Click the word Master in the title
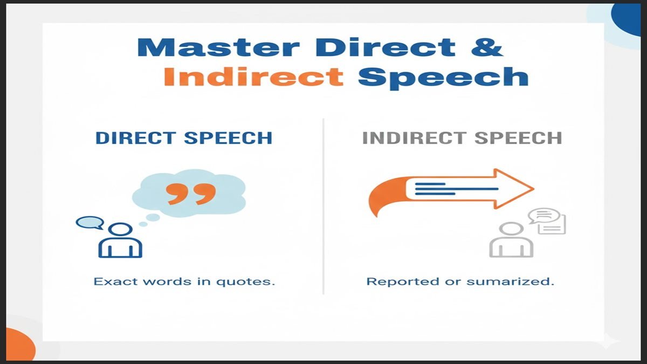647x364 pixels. tap(218, 47)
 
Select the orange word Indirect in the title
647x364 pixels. tap(254, 77)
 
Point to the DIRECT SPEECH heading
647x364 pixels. tap(184, 138)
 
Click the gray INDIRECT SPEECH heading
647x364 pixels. tap(462, 138)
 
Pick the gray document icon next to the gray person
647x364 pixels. tap(554, 223)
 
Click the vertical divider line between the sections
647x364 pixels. tap(323, 205)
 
